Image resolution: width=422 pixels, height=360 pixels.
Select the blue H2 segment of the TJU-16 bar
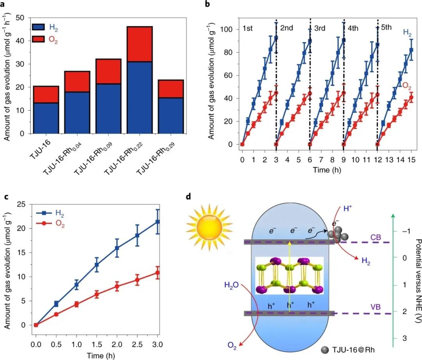pyautogui.click(x=46, y=118)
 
